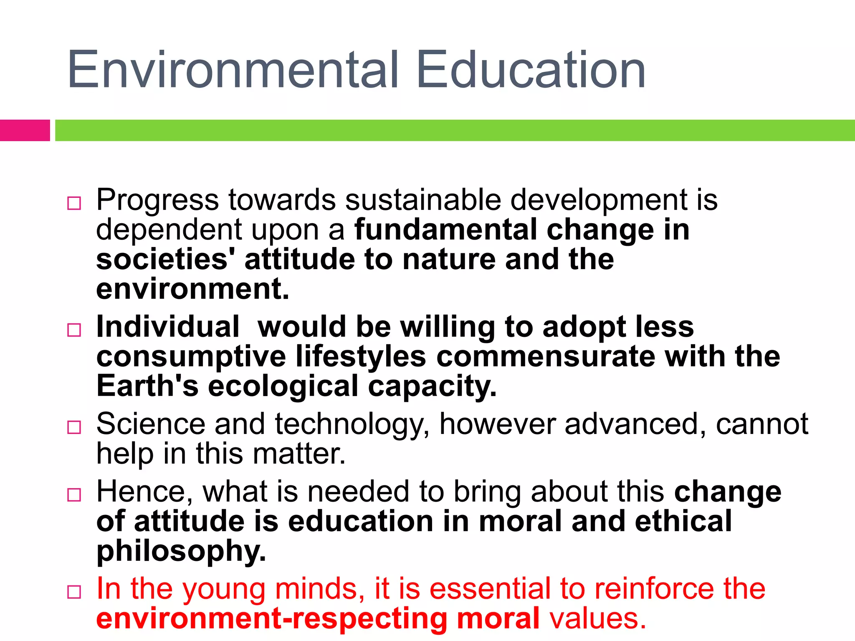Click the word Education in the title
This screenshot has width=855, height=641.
tap(531, 70)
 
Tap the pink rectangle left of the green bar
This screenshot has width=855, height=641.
tap(25, 130)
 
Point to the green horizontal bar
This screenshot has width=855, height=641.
tap(455, 130)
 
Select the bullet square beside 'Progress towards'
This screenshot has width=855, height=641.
tap(74, 203)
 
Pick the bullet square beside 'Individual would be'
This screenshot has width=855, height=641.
tap(74, 330)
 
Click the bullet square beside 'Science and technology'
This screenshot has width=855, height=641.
tap(74, 427)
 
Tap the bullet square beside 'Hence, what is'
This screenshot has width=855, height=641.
tap(74, 495)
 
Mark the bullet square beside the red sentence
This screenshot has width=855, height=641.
tap(74, 592)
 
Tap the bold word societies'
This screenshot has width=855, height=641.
tap(165, 260)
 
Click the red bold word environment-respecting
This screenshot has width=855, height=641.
tap(272, 619)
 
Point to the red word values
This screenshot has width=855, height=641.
tap(597, 619)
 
